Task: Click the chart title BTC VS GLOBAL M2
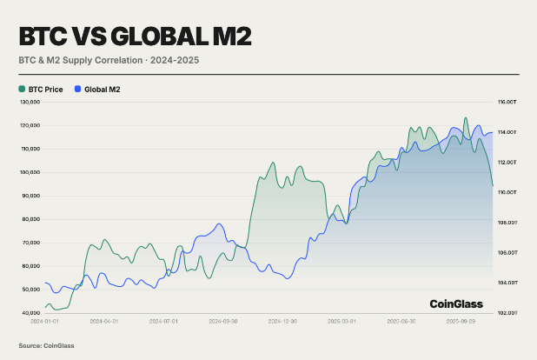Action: click(136, 37)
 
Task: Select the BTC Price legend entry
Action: click(43, 89)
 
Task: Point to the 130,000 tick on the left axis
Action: click(30, 102)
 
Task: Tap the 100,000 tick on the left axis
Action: click(30, 172)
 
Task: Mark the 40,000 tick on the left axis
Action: click(31, 312)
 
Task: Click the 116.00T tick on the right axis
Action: click(507, 102)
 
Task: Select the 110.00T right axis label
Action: click(507, 192)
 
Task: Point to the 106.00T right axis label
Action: click(507, 252)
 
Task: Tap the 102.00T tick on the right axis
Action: click(507, 312)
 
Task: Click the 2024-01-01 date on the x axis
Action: click(43, 321)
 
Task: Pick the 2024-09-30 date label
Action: click(222, 321)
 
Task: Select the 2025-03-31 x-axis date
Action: click(341, 321)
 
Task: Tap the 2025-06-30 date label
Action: click(401, 321)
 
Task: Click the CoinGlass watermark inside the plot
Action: click(457, 303)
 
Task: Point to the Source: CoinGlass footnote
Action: click(46, 345)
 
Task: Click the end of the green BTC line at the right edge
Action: click(493, 185)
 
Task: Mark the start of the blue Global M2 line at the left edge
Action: click(44, 283)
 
